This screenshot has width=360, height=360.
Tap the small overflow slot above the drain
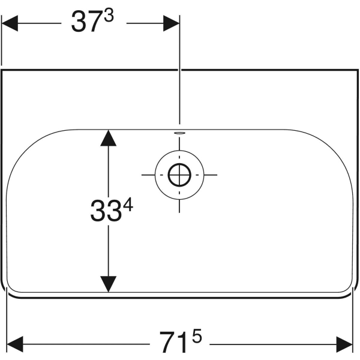point(179,133)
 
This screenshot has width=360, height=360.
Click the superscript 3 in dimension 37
point(109,17)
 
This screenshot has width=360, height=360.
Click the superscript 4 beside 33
point(128,205)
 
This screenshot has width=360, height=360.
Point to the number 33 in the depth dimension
point(106,211)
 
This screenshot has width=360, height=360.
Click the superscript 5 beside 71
point(197,336)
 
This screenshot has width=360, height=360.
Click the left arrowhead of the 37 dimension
point(10,23)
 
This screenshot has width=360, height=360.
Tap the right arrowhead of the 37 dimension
point(171,23)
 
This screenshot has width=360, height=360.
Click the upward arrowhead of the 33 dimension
point(109,138)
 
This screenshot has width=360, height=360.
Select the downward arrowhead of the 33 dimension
point(109,284)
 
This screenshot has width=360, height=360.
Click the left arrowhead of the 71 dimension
point(15,344)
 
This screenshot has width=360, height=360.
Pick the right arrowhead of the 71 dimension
point(344,344)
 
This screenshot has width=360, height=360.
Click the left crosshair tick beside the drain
point(148,175)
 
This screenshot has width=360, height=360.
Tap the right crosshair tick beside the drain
point(211,175)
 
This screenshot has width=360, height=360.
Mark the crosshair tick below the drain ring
point(179,206)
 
